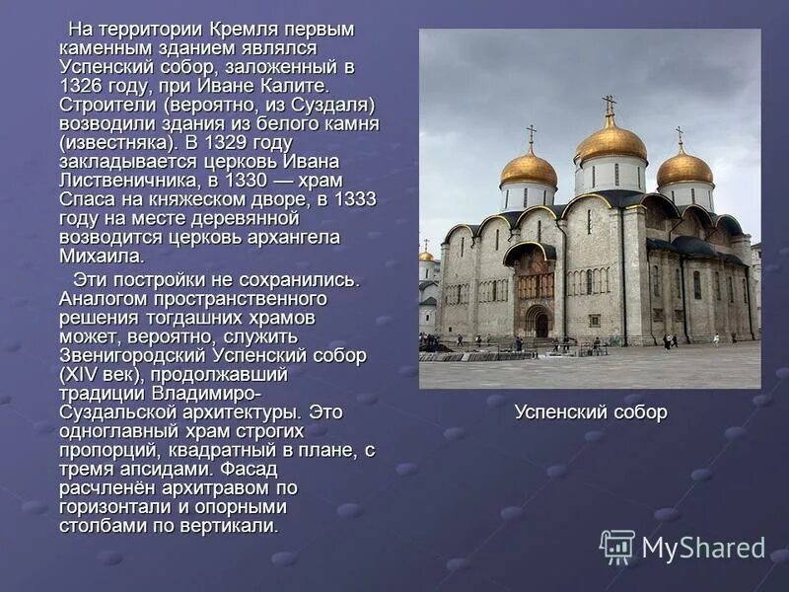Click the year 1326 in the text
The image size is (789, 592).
82,86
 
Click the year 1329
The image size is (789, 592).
255,142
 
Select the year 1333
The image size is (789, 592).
355,198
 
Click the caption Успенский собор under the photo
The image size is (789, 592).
590,411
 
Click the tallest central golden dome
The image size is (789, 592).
610,144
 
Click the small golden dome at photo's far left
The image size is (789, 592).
426,256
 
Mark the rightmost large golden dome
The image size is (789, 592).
684,168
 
